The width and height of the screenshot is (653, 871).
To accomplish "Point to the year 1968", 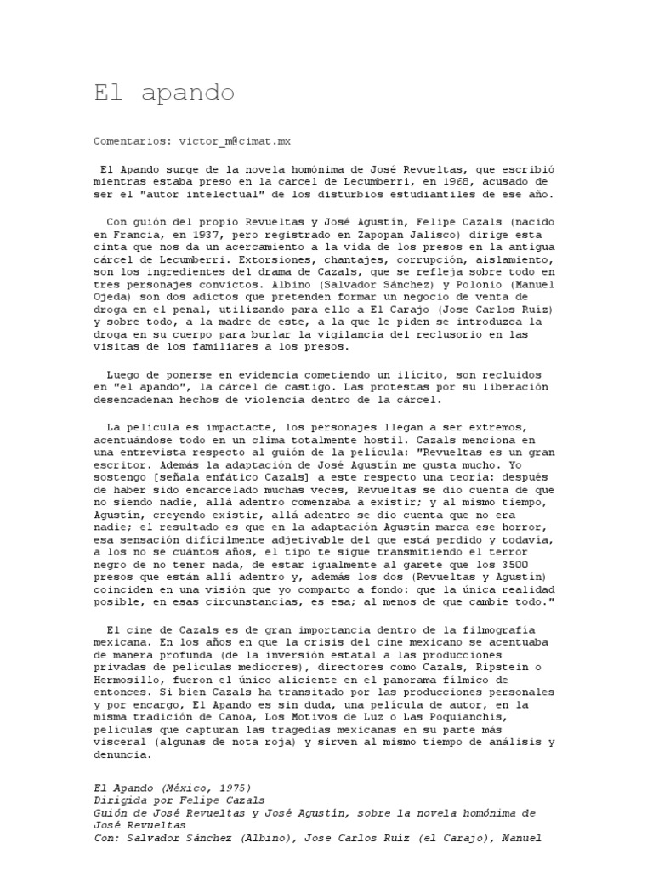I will click(x=454, y=181).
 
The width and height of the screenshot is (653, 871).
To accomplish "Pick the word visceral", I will click(x=120, y=740).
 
